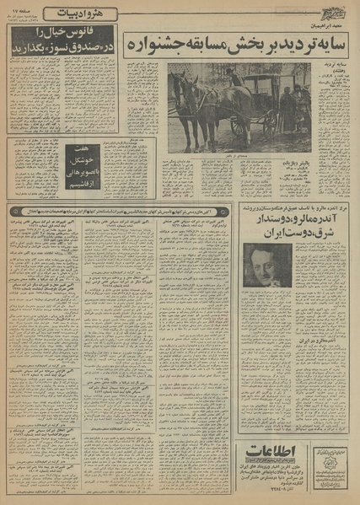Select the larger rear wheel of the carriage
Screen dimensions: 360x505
pos(241,122)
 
